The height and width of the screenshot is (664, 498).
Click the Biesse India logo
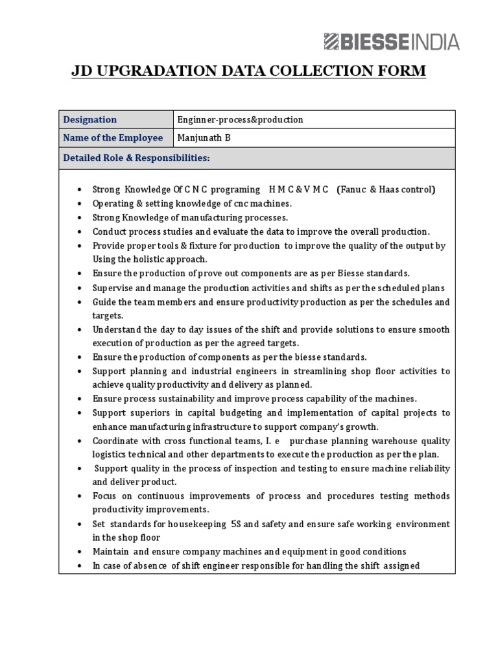point(391,42)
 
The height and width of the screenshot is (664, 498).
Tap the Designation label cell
point(89,120)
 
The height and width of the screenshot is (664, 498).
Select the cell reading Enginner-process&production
point(241,120)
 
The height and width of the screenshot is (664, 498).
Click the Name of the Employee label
point(113,138)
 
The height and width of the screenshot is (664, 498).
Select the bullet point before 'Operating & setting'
point(78,204)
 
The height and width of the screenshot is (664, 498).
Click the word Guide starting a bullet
point(104,302)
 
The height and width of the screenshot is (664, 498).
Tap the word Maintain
point(111,552)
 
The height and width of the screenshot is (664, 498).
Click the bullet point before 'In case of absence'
point(78,566)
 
